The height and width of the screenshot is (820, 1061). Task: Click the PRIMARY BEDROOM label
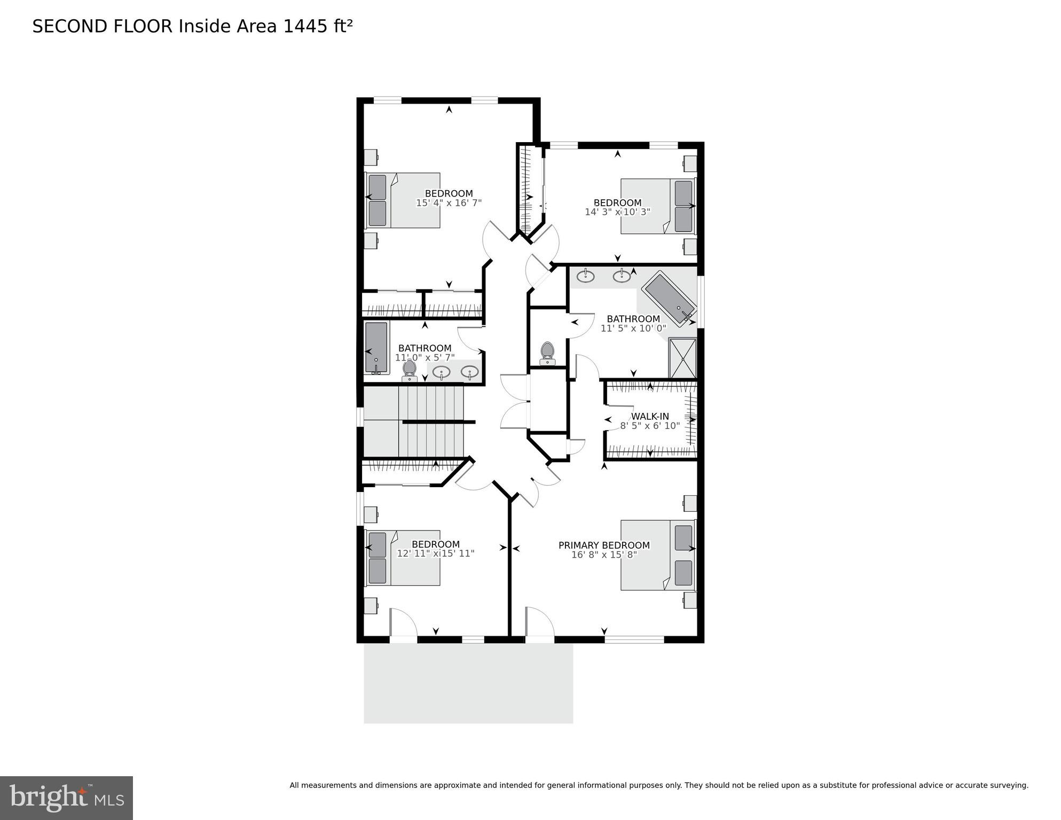pos(604,545)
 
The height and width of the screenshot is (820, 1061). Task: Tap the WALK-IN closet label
pos(650,417)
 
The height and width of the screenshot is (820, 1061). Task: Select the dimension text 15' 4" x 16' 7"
pos(449,203)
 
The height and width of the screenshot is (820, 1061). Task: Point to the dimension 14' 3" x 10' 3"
pos(617,212)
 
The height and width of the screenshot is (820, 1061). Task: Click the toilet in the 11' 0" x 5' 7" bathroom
pos(410,370)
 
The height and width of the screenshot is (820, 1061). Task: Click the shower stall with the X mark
pos(682,357)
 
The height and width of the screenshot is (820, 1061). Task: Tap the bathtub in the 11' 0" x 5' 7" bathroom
pos(376,348)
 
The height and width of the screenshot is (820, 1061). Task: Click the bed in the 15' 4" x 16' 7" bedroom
pos(403,200)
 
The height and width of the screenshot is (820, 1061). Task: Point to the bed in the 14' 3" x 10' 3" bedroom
pos(658,206)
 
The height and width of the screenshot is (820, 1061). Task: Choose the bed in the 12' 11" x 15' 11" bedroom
pos(403,558)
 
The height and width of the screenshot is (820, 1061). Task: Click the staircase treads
pos(431,422)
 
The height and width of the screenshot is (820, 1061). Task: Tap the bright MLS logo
pos(66,798)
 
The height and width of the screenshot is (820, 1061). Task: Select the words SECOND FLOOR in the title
pos(103,27)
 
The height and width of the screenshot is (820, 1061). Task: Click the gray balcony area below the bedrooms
pos(468,683)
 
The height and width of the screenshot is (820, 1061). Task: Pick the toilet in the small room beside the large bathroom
pos(547,353)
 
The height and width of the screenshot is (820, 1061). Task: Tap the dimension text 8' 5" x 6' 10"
pos(650,426)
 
